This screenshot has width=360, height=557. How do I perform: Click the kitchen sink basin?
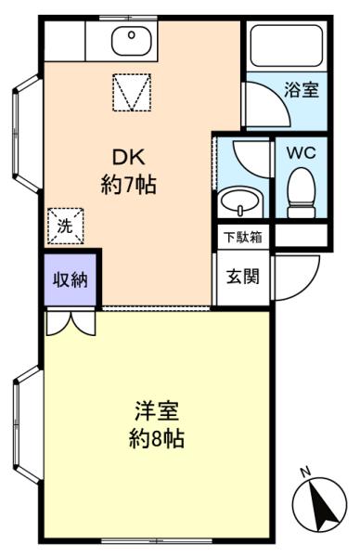132,41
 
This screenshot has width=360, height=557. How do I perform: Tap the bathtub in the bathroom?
287,45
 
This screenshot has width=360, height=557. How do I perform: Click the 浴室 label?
301,89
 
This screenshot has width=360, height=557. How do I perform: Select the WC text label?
301,153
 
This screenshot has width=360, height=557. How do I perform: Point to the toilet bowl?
302,192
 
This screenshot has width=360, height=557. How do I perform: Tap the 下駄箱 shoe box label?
243,237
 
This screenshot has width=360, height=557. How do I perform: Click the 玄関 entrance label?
243,277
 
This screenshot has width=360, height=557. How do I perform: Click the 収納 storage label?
71,280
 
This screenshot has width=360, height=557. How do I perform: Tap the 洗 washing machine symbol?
65,226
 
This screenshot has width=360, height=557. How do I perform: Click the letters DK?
129,158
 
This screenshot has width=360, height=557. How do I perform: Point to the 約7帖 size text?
129,185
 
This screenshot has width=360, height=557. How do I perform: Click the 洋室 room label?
157,411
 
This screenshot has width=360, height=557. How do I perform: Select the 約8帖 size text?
156,439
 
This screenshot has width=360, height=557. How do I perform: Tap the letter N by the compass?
305,473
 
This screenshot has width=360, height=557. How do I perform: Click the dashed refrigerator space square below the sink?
132,92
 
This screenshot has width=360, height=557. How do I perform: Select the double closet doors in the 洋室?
71,322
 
